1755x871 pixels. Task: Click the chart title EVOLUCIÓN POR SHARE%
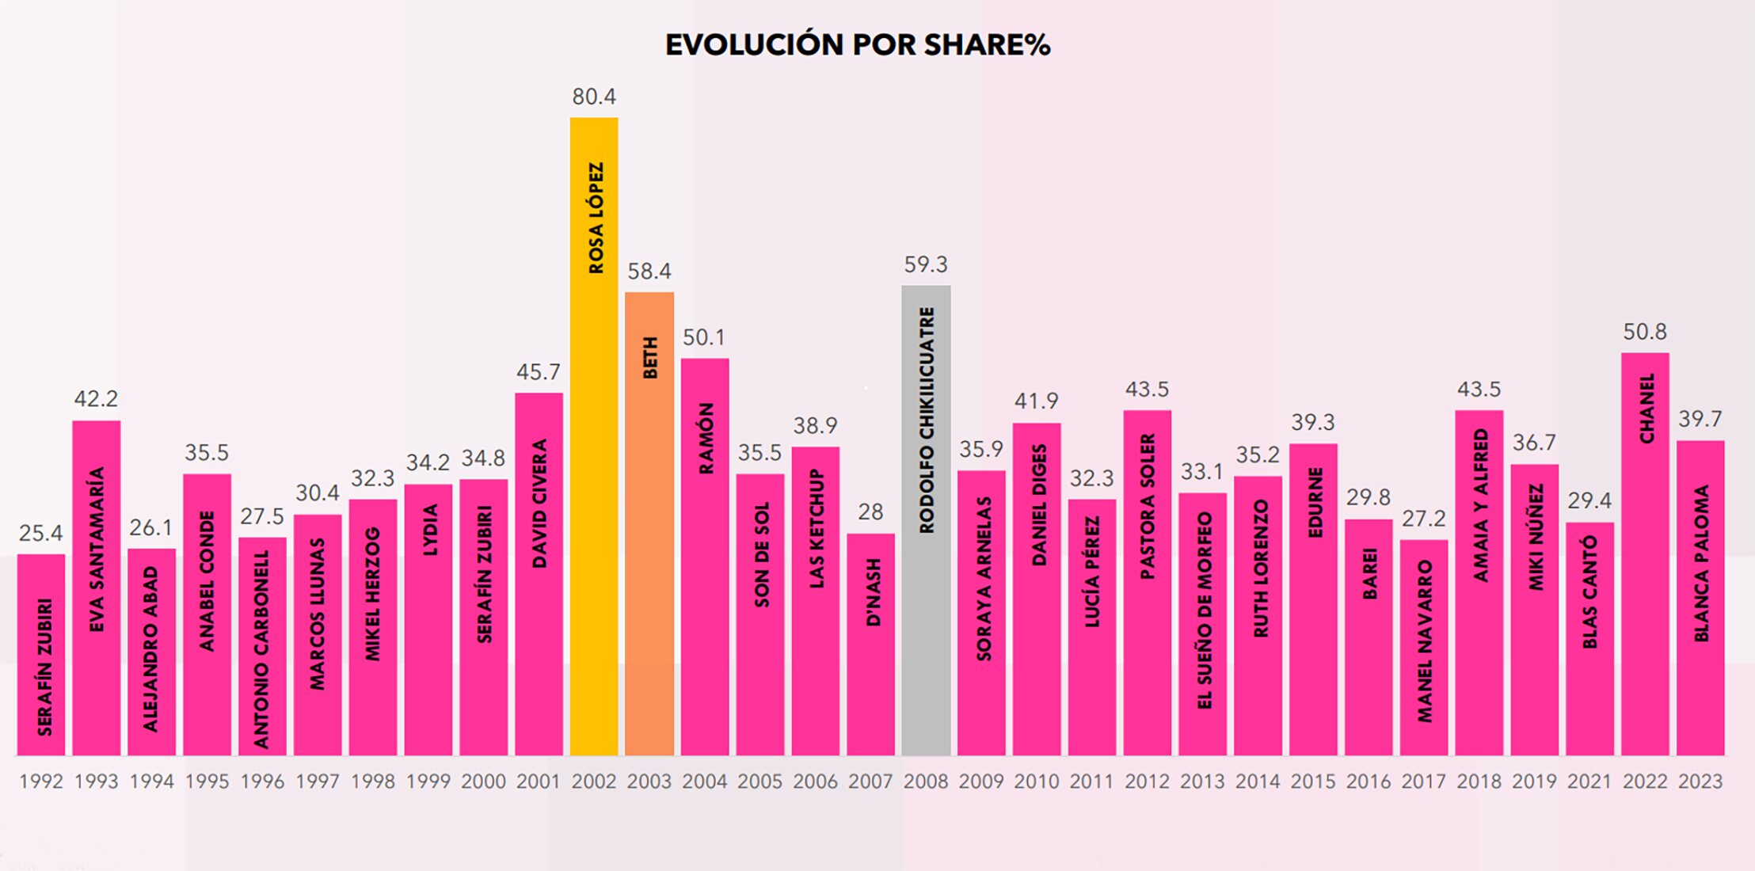[x=858, y=45]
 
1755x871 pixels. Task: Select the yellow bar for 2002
[x=594, y=475]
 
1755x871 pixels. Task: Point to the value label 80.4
[x=594, y=97]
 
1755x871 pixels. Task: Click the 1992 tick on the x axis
[x=41, y=782]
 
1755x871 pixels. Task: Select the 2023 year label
[x=1700, y=782]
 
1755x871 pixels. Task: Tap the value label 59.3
[x=926, y=264]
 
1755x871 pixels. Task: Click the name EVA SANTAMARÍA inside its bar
[x=97, y=549]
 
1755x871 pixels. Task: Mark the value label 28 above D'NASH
[x=870, y=512]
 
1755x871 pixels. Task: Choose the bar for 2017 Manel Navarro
[x=1423, y=649]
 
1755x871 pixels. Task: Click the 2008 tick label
[x=926, y=782]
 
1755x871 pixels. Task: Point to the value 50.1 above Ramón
[x=704, y=337]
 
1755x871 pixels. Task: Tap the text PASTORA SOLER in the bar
[x=1148, y=506]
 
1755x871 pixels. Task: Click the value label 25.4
[x=41, y=534]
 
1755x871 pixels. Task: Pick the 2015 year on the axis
[x=1313, y=782]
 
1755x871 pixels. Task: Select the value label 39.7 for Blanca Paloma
[x=1700, y=419]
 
